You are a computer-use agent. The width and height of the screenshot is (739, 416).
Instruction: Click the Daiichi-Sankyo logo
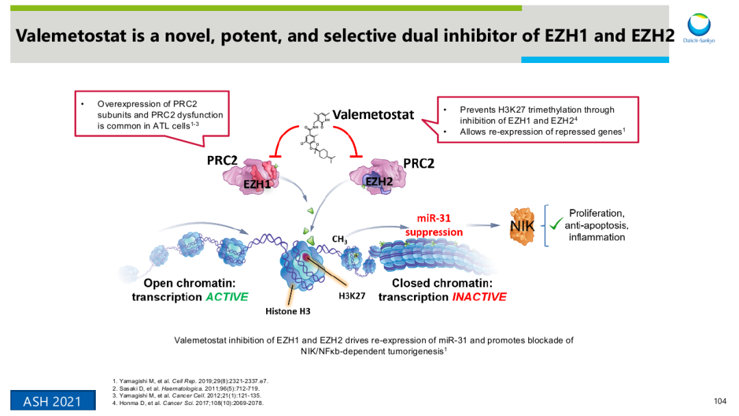699,28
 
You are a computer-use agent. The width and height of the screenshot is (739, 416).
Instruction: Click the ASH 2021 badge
52,401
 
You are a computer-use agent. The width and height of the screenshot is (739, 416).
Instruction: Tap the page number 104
718,401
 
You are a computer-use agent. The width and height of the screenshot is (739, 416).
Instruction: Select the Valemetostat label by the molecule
373,114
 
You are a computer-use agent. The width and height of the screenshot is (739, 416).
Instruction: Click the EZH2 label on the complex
378,181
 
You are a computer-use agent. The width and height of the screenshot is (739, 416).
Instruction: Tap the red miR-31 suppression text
434,225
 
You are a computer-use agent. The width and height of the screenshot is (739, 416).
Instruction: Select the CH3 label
340,239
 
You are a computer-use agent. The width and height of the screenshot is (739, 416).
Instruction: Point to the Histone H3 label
288,311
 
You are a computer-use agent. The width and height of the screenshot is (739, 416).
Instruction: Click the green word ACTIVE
226,297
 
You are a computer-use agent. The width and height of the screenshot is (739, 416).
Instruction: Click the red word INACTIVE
479,297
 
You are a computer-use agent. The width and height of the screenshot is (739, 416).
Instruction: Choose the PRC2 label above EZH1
222,161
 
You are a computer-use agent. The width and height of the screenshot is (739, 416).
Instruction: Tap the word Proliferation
596,213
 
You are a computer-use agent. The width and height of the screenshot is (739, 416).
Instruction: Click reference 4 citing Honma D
188,403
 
